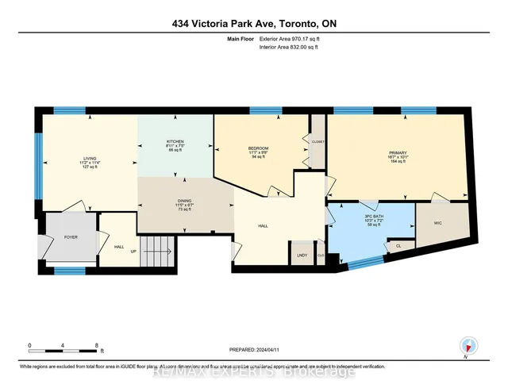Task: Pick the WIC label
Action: pyautogui.click(x=437, y=224)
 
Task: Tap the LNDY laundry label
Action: pyautogui.click(x=302, y=256)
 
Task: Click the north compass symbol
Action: pyautogui.click(x=469, y=346)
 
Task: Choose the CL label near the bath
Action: pyautogui.click(x=398, y=246)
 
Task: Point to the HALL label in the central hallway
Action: pyautogui.click(x=263, y=226)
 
